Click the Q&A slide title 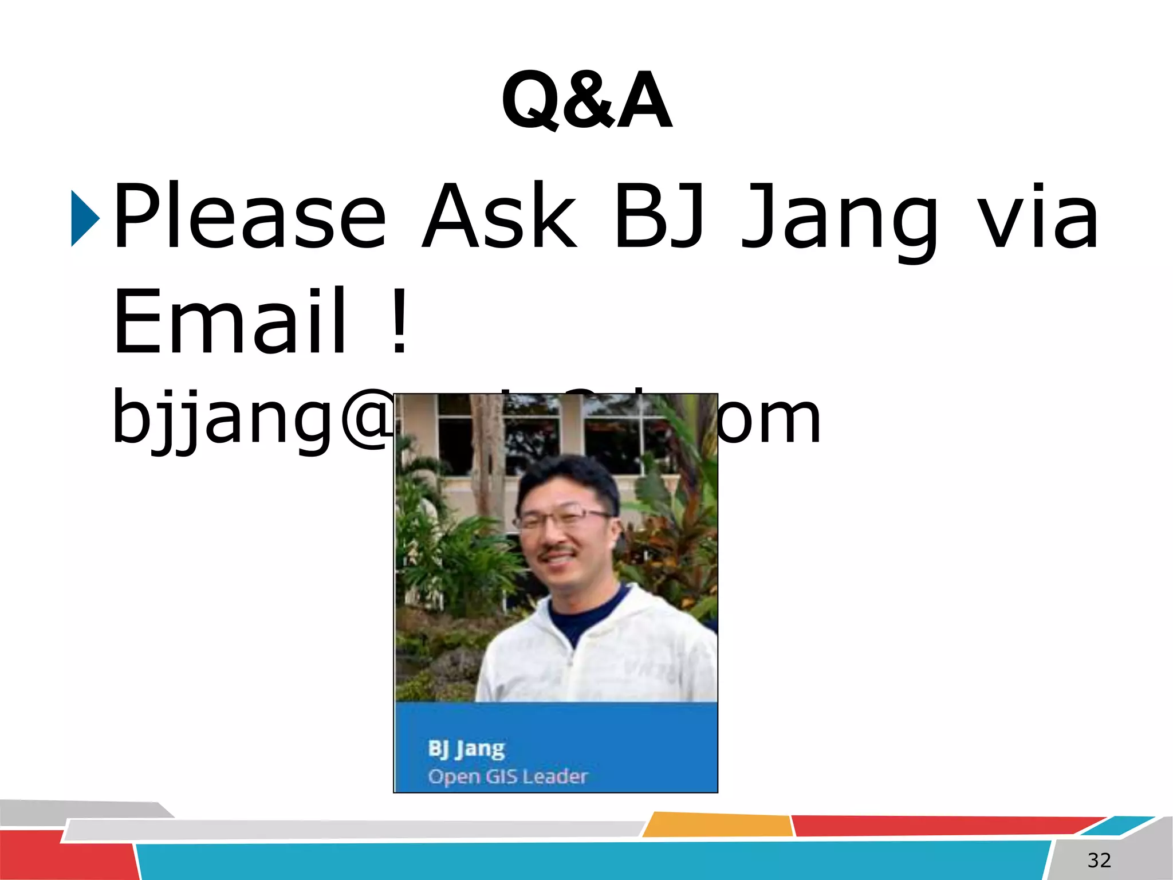(x=586, y=101)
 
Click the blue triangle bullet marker (x=85, y=219)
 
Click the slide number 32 (x=1099, y=860)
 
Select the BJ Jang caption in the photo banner (x=466, y=748)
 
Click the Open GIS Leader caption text (x=507, y=777)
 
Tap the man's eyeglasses (x=561, y=519)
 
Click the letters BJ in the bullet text (x=659, y=218)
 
